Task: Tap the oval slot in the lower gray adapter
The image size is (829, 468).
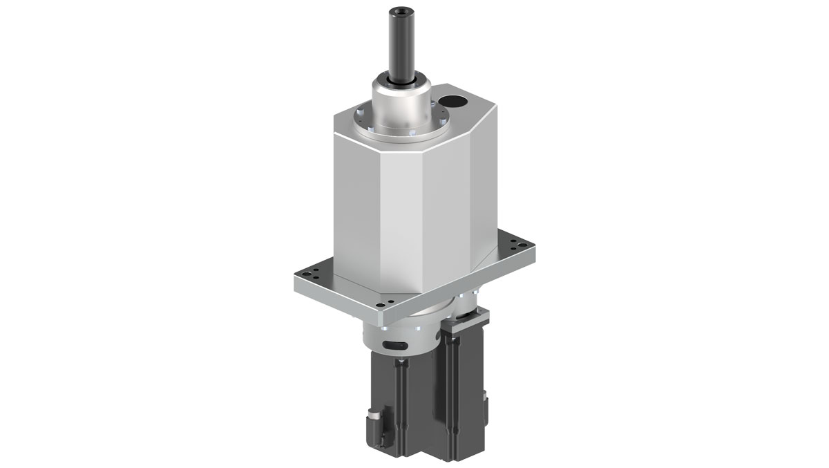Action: coord(393,344)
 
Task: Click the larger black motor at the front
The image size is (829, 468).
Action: coord(401,408)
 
